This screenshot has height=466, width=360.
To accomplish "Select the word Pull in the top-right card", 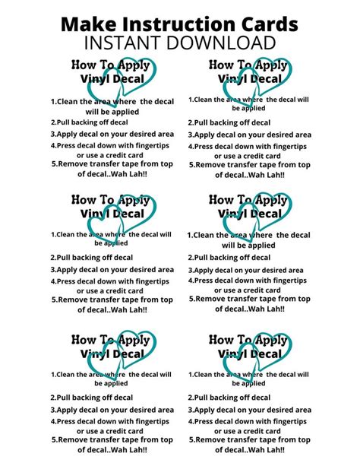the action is tap(201, 122).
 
